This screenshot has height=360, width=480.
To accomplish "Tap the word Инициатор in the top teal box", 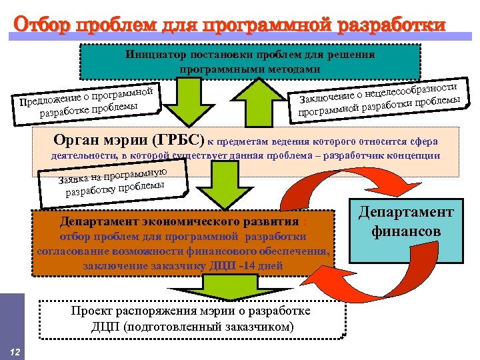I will point(150,55).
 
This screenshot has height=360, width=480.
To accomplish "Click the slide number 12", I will point(13,351).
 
